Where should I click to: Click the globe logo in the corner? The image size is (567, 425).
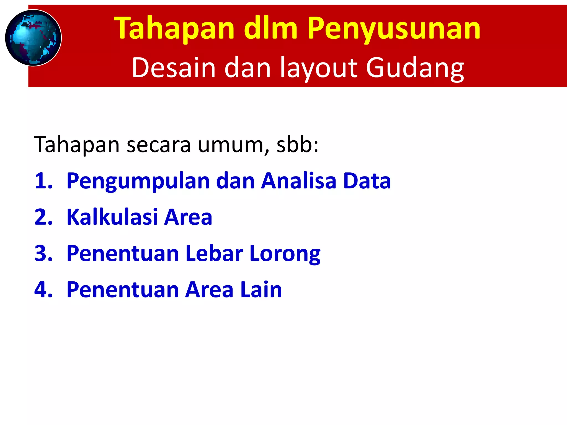[x=33, y=38]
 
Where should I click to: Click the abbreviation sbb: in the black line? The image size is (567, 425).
[x=298, y=144]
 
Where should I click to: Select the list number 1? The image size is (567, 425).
[x=43, y=181]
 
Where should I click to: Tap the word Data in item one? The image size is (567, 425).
[x=367, y=181]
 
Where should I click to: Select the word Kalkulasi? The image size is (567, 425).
[x=112, y=217]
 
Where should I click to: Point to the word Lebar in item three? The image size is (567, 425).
[x=214, y=253]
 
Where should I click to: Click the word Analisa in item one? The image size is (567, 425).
[x=299, y=181]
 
